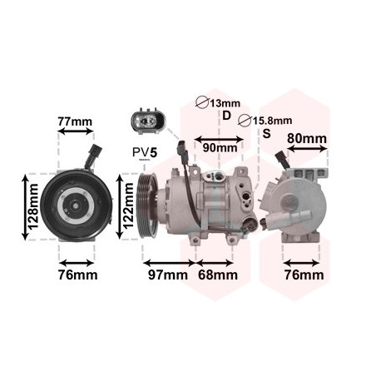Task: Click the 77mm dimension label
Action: [x=75, y=121]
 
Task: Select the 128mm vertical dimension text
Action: [x=34, y=206]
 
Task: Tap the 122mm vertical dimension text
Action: [x=128, y=206]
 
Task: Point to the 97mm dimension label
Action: [x=168, y=275]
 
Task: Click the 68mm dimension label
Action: [x=218, y=275]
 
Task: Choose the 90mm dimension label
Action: [x=220, y=148]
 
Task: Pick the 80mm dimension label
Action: [x=307, y=138]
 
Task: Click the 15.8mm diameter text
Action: [x=272, y=121]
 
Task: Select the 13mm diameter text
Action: [x=225, y=103]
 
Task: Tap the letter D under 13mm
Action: [x=226, y=116]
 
